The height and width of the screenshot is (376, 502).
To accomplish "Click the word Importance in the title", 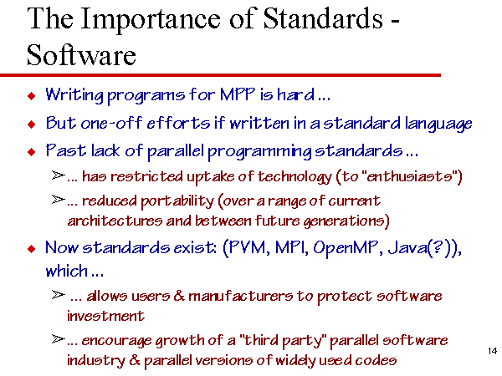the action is pos(150,20).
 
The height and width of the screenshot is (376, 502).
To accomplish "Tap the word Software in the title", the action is pos(81,55).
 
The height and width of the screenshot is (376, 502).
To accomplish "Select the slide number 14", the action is pos(493,351).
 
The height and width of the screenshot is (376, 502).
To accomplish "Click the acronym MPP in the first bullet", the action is pos(238,94).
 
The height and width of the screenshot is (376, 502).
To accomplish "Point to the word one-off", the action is pos(112,123).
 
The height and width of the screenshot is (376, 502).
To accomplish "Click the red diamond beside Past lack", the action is pos(32,151).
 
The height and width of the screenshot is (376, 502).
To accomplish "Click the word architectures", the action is pos(115,221).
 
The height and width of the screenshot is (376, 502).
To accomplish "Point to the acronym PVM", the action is pos(248,247).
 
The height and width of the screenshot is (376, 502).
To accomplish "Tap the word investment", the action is pos(105,316).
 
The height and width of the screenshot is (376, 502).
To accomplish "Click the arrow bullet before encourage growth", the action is pos(59,339).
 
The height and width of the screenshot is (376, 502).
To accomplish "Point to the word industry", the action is pos(96,361).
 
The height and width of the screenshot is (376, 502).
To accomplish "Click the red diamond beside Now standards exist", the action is pos(32,248).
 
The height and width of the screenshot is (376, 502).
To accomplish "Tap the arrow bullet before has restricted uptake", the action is pos(59,175).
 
